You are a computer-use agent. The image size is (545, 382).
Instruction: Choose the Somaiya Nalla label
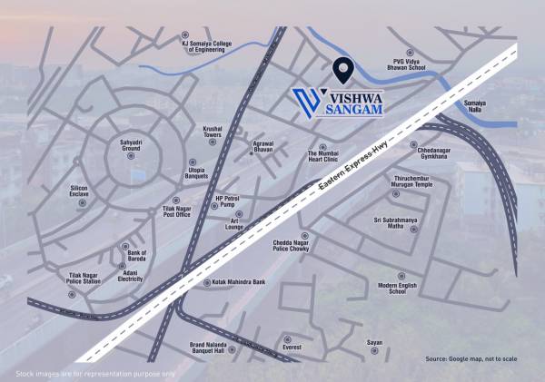[x=476, y=107]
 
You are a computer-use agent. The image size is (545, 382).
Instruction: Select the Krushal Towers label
[x=213, y=132]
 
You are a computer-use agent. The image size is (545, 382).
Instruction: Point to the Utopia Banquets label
[x=197, y=172]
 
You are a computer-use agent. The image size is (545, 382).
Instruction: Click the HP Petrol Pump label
[x=226, y=201]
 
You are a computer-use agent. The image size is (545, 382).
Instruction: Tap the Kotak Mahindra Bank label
[x=238, y=282]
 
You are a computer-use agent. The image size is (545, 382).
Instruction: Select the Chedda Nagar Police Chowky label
[x=294, y=246]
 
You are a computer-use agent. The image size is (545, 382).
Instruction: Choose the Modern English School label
[x=397, y=289]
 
